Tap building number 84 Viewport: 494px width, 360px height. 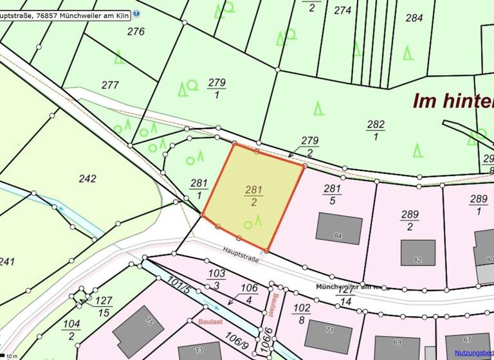coord(339,229)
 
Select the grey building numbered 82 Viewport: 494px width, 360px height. coord(418,253)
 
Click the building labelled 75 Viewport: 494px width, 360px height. coord(138,330)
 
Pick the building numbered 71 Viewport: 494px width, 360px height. coord(328,335)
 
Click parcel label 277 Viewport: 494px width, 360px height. coord(111,85)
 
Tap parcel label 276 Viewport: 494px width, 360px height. coord(136,31)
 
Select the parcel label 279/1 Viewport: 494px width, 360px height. coord(217,88)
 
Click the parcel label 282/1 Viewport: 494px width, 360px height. coord(376,130)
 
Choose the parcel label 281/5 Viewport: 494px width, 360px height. coord(332,194)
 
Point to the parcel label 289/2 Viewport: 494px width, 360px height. coord(410,220)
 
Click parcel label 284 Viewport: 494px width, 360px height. coord(414,18)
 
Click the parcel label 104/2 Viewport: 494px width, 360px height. coord(72,330)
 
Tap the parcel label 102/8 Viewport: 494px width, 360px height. coord(300,313)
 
